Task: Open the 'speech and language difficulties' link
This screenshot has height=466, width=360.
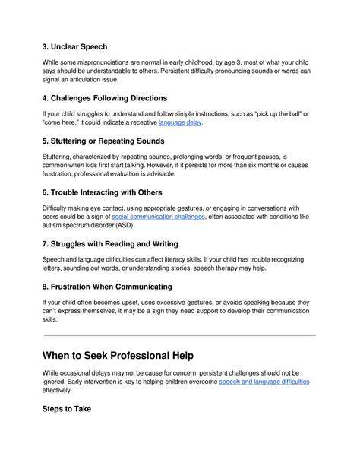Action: coord(264,382)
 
